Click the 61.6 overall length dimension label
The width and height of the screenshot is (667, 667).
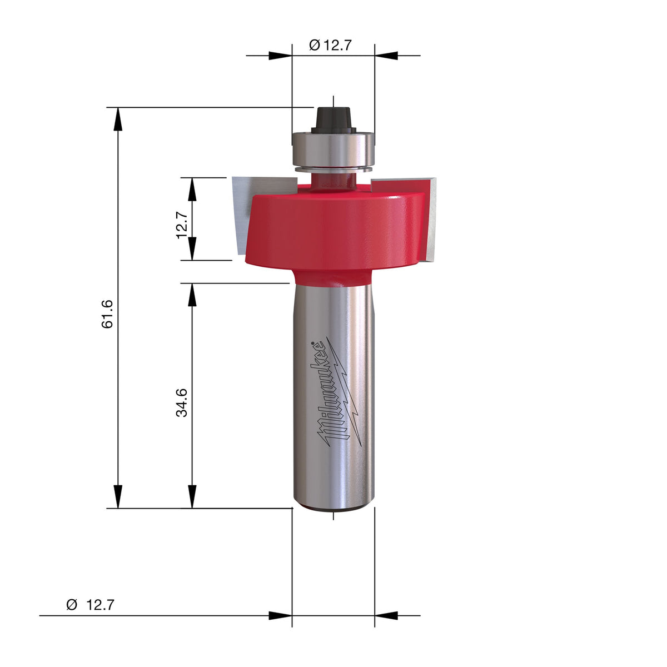108,313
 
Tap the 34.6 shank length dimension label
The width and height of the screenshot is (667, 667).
182,402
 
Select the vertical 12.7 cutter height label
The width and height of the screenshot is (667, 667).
182,225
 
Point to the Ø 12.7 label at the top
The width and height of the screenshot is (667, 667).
330,45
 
